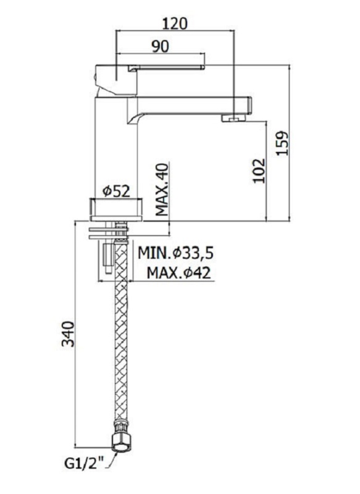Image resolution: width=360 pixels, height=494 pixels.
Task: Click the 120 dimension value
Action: [x=175, y=23]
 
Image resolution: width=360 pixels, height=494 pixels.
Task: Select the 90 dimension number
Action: [x=161, y=47]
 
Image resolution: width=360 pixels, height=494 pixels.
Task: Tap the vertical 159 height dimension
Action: [x=283, y=143]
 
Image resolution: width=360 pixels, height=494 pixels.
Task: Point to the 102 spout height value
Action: [x=259, y=170]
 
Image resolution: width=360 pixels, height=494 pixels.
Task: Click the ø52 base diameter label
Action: [x=116, y=191]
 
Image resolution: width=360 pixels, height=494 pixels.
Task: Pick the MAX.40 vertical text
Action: [x=162, y=190]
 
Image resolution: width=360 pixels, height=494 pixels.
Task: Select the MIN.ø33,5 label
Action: [x=176, y=253]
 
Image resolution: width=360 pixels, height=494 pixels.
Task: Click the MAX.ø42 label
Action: [x=178, y=272]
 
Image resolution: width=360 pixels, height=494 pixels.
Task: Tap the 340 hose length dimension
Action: [x=68, y=334]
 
